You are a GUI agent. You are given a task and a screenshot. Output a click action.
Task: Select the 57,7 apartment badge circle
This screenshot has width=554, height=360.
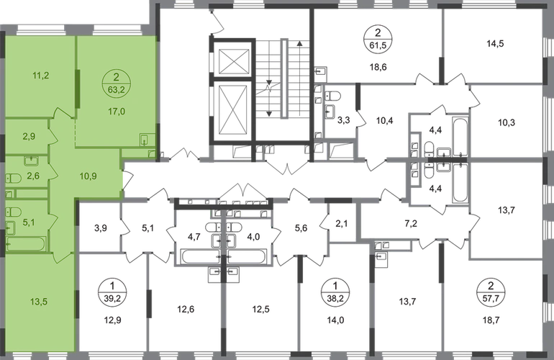pos(491,292)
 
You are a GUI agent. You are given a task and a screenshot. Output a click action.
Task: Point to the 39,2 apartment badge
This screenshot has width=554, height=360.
pos(112,292)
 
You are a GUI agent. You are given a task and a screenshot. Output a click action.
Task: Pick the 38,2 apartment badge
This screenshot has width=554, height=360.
pos(335,292)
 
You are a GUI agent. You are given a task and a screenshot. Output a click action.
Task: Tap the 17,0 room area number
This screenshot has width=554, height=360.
pos(117,112)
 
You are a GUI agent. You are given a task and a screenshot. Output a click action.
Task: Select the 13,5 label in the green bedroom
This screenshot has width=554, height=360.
pos(39,302)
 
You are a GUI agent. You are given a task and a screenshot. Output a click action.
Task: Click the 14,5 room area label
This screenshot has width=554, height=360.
pos(495,44)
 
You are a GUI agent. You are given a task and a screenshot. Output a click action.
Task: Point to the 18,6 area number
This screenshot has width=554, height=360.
pos(378,67)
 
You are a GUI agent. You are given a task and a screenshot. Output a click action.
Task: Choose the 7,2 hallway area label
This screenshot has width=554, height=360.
pos(411,223)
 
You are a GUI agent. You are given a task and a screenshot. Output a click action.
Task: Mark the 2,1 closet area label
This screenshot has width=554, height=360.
pos(342,223)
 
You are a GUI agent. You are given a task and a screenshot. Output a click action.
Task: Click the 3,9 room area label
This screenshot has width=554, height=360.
pos(101,228)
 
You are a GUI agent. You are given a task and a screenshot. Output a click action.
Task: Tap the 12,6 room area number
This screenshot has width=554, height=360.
pos(186,310)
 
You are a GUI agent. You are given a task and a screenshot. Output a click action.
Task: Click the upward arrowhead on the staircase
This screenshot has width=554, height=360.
pos(300,44)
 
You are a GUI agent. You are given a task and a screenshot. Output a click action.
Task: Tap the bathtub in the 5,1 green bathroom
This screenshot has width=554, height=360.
pos(26,243)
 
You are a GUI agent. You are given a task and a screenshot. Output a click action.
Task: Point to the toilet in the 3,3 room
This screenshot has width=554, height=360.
pos(332,96)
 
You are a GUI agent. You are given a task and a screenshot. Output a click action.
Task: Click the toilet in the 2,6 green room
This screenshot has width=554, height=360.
pos(13,179)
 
